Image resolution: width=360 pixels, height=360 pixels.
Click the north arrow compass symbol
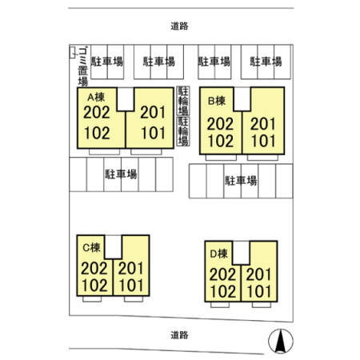281,341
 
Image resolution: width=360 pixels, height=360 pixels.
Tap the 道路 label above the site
179,26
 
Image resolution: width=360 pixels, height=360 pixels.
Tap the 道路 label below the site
179,335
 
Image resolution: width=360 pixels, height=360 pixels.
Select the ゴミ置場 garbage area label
83,67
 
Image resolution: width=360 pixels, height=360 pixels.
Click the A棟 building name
96,98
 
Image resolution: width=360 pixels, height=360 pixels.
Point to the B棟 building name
217,101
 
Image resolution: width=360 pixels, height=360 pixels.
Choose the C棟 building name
91,248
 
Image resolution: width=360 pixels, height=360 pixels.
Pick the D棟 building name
219,254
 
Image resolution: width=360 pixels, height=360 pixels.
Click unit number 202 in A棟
97,113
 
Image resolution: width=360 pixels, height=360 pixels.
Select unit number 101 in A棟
154,133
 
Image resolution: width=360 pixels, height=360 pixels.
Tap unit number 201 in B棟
263,124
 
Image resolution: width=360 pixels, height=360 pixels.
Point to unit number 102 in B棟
221,141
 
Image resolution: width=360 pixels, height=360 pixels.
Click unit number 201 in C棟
131,269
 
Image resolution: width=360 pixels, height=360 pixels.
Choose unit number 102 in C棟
94,286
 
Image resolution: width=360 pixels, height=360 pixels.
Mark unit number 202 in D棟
222,274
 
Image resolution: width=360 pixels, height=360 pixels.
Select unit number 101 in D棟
258,291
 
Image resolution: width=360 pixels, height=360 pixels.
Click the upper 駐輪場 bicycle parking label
183,101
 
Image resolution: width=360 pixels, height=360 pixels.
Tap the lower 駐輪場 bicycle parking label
183,131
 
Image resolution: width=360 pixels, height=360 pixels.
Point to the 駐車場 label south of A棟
121,174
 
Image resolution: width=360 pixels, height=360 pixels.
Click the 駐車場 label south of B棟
241,181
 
